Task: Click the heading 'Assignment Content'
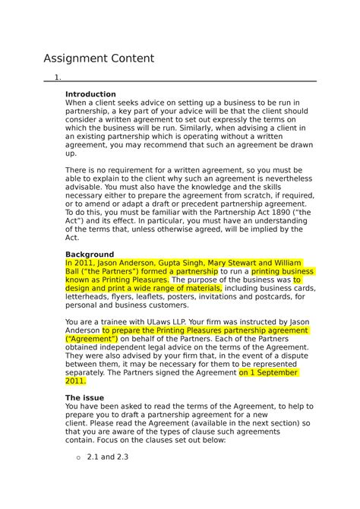pos(99,58)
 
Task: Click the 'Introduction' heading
pos(90,94)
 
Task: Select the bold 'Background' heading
pos(90,254)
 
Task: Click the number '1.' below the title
pos(58,77)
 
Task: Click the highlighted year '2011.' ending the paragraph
pos(81,381)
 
